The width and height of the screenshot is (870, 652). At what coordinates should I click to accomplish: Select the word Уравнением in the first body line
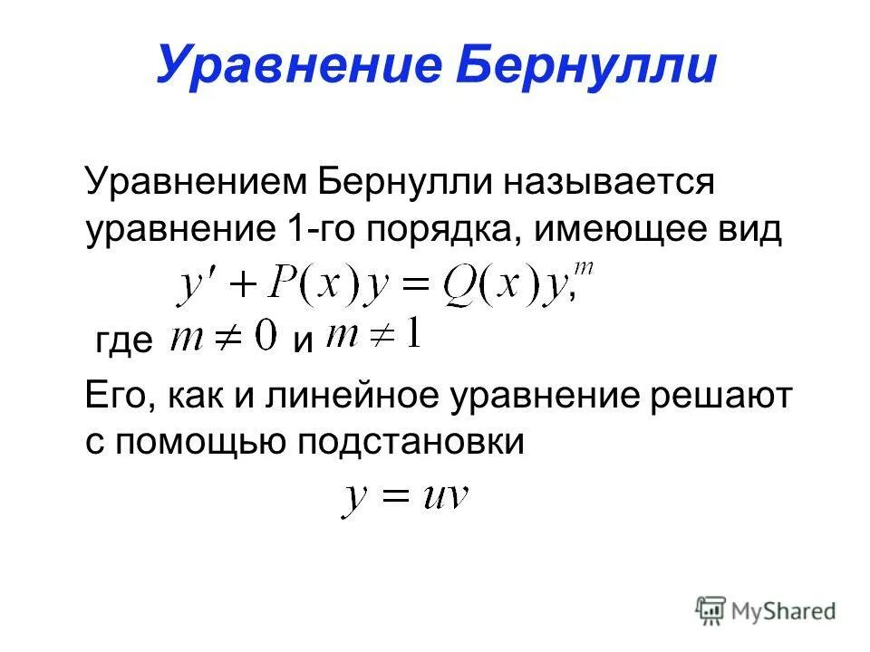point(195,182)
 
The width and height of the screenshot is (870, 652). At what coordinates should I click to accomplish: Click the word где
point(124,342)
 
